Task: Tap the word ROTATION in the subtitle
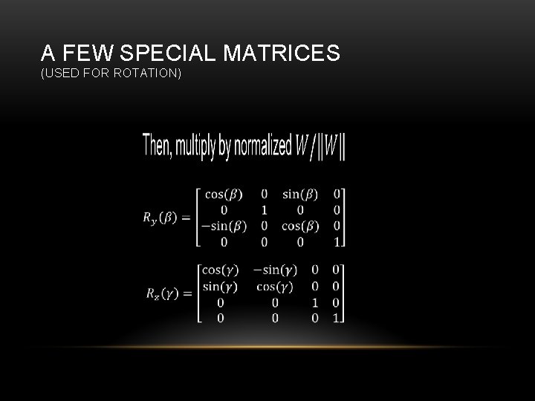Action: (x=148, y=74)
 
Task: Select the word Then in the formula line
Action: (x=158, y=146)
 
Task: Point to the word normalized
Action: (x=263, y=146)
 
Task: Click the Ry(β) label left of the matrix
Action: (x=160, y=218)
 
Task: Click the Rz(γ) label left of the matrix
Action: (x=161, y=293)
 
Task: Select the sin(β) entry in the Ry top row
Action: (x=300, y=195)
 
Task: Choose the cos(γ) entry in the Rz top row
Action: (x=219, y=270)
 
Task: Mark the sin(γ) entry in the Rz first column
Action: (x=219, y=286)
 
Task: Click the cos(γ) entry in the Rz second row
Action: (x=274, y=286)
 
